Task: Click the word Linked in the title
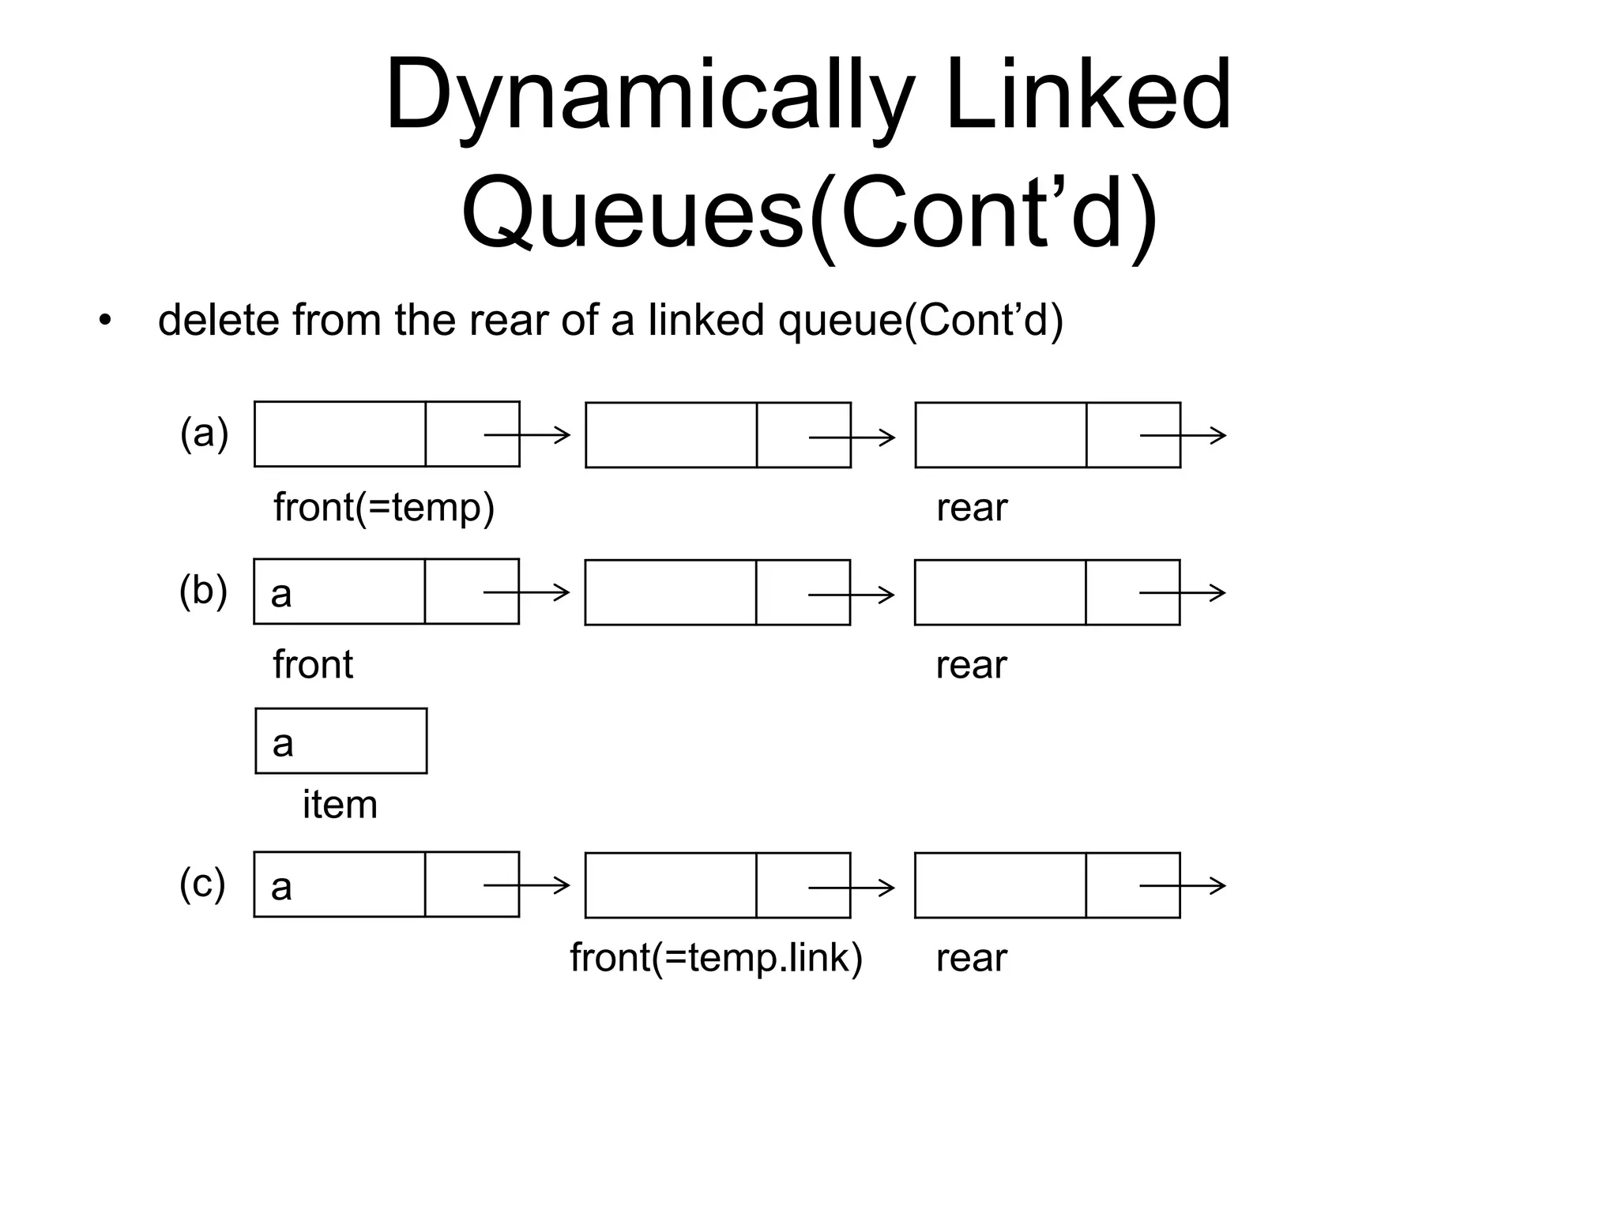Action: [x=1088, y=96]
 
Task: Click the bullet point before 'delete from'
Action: [x=105, y=321]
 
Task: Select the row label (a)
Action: [x=204, y=434]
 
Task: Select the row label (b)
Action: [x=203, y=591]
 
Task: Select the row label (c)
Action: [x=202, y=884]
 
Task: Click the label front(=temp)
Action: [x=384, y=507]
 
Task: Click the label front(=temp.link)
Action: [x=716, y=958]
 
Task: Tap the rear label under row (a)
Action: [x=971, y=508]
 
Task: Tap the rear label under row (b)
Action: [x=971, y=665]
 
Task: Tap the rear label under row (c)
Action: [x=971, y=958]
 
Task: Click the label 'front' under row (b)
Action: [x=313, y=664]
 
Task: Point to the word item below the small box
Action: [x=340, y=805]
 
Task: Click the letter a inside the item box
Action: [x=283, y=744]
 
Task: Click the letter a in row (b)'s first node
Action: [x=281, y=595]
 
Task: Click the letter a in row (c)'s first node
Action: [x=281, y=888]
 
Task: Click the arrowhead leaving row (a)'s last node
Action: [x=1219, y=435]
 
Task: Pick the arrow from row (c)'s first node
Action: [x=526, y=885]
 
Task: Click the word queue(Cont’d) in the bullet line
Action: [x=920, y=321]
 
